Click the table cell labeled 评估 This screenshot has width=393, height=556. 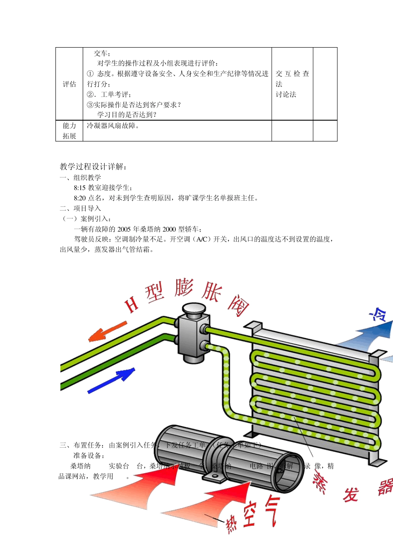click(69, 84)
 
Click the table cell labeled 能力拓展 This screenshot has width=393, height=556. click(69, 131)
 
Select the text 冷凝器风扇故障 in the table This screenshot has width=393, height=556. click(112, 126)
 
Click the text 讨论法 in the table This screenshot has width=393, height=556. click(286, 94)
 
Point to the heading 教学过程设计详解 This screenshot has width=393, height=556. click(93, 167)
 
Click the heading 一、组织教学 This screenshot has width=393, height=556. click(80, 177)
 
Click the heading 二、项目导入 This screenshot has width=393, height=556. click(80, 208)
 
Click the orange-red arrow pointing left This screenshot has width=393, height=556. click(107, 331)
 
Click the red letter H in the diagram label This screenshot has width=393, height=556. click(132, 305)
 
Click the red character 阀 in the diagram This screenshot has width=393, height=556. click(239, 306)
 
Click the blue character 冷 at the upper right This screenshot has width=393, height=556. click(379, 315)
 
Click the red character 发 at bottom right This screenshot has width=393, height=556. click(351, 494)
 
